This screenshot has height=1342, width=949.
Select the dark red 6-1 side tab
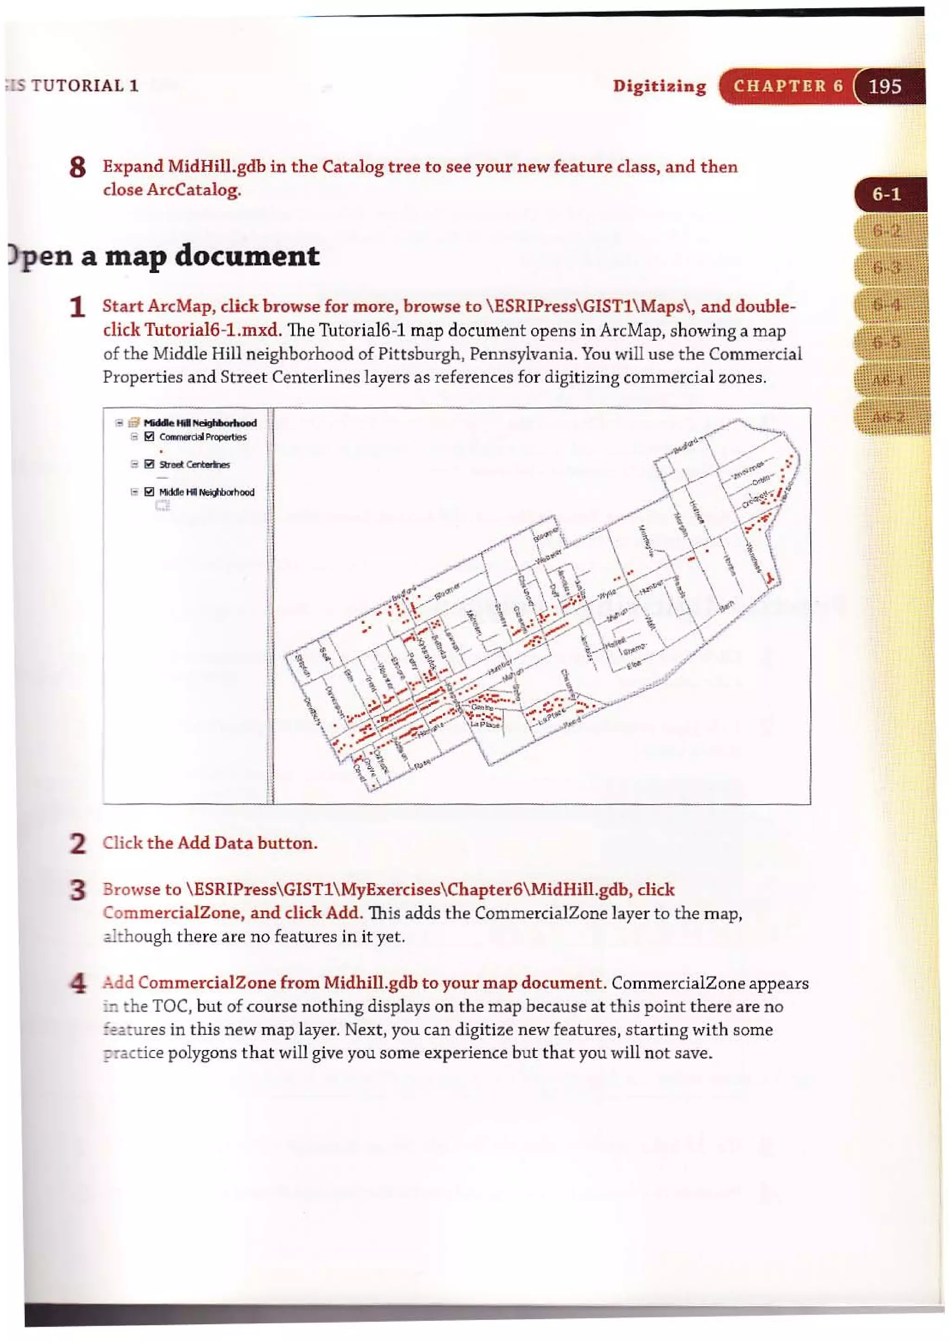(886, 195)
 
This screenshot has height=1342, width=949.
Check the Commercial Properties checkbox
(149, 437)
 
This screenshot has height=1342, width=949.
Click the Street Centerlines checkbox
(149, 464)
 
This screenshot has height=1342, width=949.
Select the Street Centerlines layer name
(195, 465)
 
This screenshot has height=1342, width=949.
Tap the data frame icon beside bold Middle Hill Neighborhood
(134, 423)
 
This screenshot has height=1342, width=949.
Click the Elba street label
(633, 665)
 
